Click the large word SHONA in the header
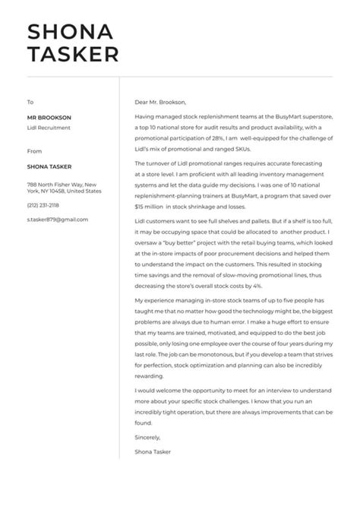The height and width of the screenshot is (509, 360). tap(70, 31)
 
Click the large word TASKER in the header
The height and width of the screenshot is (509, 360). tap(73, 55)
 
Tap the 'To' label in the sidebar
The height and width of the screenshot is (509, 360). tap(30, 102)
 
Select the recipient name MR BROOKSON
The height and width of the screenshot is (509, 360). tap(49, 118)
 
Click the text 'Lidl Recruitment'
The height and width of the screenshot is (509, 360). tap(49, 128)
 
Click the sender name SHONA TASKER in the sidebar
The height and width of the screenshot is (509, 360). tap(50, 167)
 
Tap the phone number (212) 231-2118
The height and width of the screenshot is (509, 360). tap(43, 205)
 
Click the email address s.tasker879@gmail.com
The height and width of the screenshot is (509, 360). tap(57, 220)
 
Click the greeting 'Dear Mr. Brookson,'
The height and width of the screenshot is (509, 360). tap(159, 102)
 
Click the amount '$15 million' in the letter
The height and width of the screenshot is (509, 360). tap(149, 206)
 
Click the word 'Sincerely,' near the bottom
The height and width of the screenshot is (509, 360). tap(148, 438)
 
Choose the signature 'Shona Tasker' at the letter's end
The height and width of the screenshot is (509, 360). tap(153, 452)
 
